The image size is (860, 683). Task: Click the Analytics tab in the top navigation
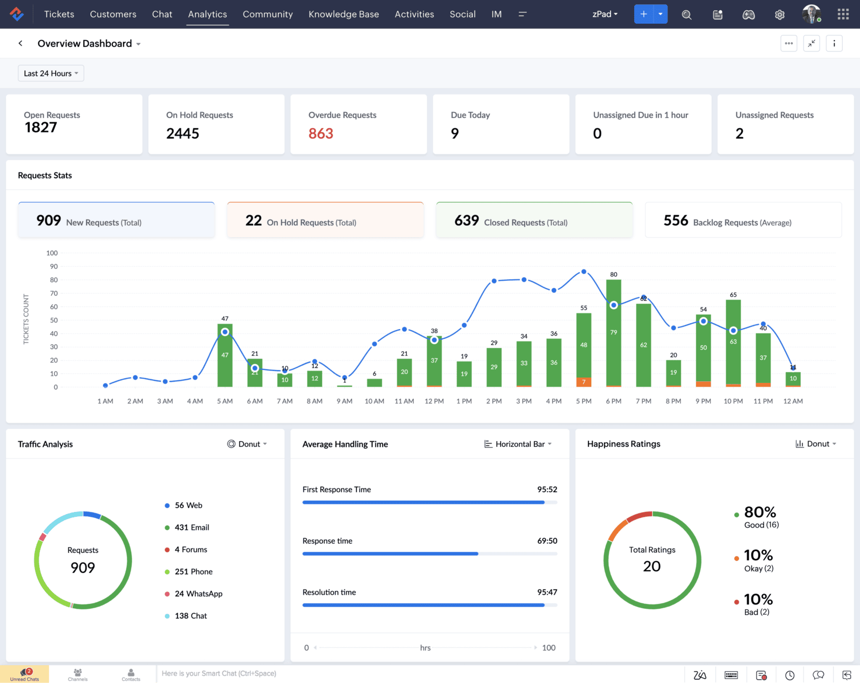[x=207, y=14]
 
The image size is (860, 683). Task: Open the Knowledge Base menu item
[x=343, y=14]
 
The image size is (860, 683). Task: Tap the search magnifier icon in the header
[x=686, y=15]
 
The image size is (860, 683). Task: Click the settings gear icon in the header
[x=779, y=15]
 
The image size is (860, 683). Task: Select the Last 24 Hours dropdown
[x=51, y=73]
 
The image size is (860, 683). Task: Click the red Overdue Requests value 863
[x=321, y=133]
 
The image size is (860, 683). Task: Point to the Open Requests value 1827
[x=41, y=127]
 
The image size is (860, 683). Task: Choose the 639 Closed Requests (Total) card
[x=534, y=220]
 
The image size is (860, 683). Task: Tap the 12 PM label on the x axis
[x=434, y=401]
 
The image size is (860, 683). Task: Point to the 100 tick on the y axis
[x=52, y=253]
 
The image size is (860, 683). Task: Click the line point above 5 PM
[x=584, y=272]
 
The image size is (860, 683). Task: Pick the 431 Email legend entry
[x=191, y=528]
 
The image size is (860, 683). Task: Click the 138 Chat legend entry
[x=190, y=616]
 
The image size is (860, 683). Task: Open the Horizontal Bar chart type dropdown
[x=518, y=444]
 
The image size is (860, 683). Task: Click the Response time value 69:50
[x=547, y=541]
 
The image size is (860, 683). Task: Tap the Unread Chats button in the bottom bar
[x=25, y=674]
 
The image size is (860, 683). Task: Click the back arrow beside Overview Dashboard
[x=20, y=44]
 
